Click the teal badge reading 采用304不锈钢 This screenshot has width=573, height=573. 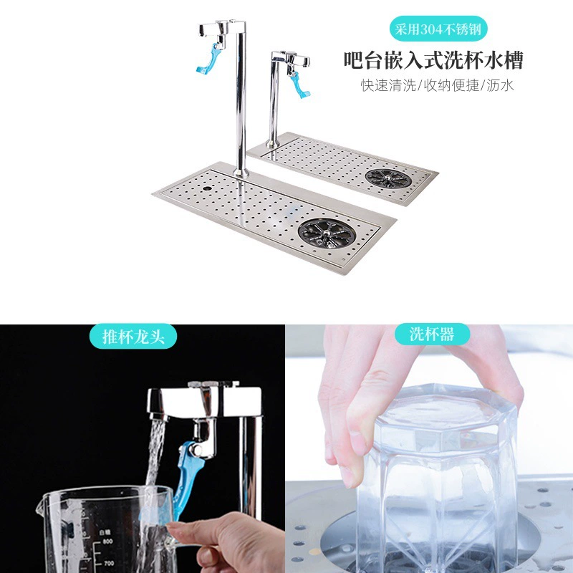click(438, 29)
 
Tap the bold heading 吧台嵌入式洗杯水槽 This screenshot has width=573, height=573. click(433, 61)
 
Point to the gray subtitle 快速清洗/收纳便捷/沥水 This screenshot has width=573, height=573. click(438, 85)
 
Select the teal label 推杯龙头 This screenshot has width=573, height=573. click(133, 337)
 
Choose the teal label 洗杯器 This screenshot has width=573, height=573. click(432, 334)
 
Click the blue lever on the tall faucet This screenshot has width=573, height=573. click(209, 59)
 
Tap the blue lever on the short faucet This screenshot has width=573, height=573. click(299, 85)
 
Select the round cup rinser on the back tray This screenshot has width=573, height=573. click(388, 178)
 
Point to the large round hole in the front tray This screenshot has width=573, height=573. click(207, 188)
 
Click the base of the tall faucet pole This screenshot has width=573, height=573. click(241, 173)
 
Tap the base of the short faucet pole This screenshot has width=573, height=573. click(272, 143)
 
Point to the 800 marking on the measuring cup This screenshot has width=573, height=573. click(108, 541)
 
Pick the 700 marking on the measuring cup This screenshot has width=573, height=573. click(109, 564)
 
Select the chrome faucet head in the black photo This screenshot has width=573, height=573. click(205, 402)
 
